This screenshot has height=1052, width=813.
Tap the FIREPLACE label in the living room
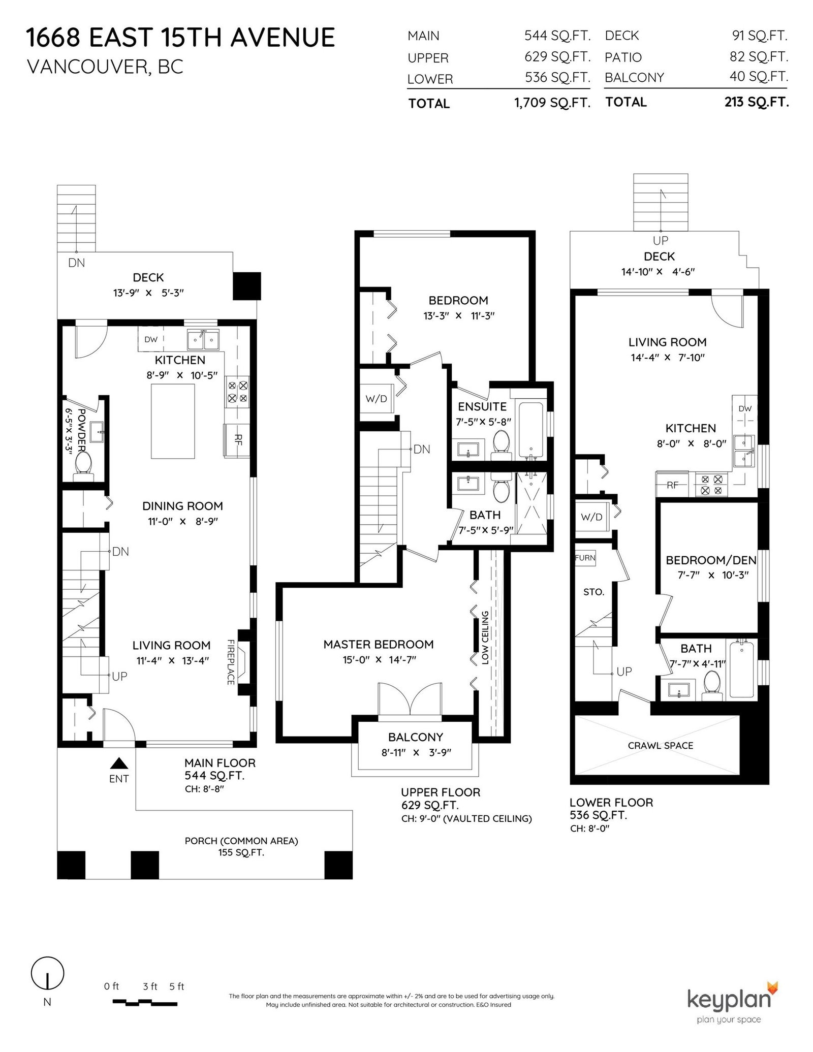point(231,662)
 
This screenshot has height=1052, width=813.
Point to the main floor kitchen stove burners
point(237,392)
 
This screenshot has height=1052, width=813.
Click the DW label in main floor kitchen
point(151,339)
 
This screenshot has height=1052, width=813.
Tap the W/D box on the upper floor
point(377,399)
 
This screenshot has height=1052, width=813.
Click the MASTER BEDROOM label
point(379,644)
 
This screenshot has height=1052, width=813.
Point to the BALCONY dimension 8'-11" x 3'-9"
point(416,752)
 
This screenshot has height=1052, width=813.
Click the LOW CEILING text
point(485,638)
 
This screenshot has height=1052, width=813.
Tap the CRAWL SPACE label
point(661,745)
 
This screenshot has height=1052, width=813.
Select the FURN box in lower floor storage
point(585,558)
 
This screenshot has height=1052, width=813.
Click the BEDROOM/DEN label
point(711,560)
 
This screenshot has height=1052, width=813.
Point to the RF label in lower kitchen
point(673,485)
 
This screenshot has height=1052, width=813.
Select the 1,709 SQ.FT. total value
point(552,103)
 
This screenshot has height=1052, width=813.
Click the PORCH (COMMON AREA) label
point(241,841)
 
